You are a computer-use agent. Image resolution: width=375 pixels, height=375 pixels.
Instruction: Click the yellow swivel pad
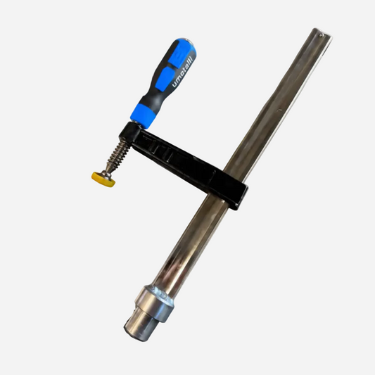103,179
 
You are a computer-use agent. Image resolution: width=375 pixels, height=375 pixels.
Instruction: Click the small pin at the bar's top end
321,36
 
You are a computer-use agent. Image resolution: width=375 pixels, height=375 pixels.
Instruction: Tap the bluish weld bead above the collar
163,293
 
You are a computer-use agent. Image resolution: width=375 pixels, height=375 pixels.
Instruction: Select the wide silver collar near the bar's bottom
154,303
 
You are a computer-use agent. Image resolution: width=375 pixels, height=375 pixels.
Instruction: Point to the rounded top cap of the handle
186,43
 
